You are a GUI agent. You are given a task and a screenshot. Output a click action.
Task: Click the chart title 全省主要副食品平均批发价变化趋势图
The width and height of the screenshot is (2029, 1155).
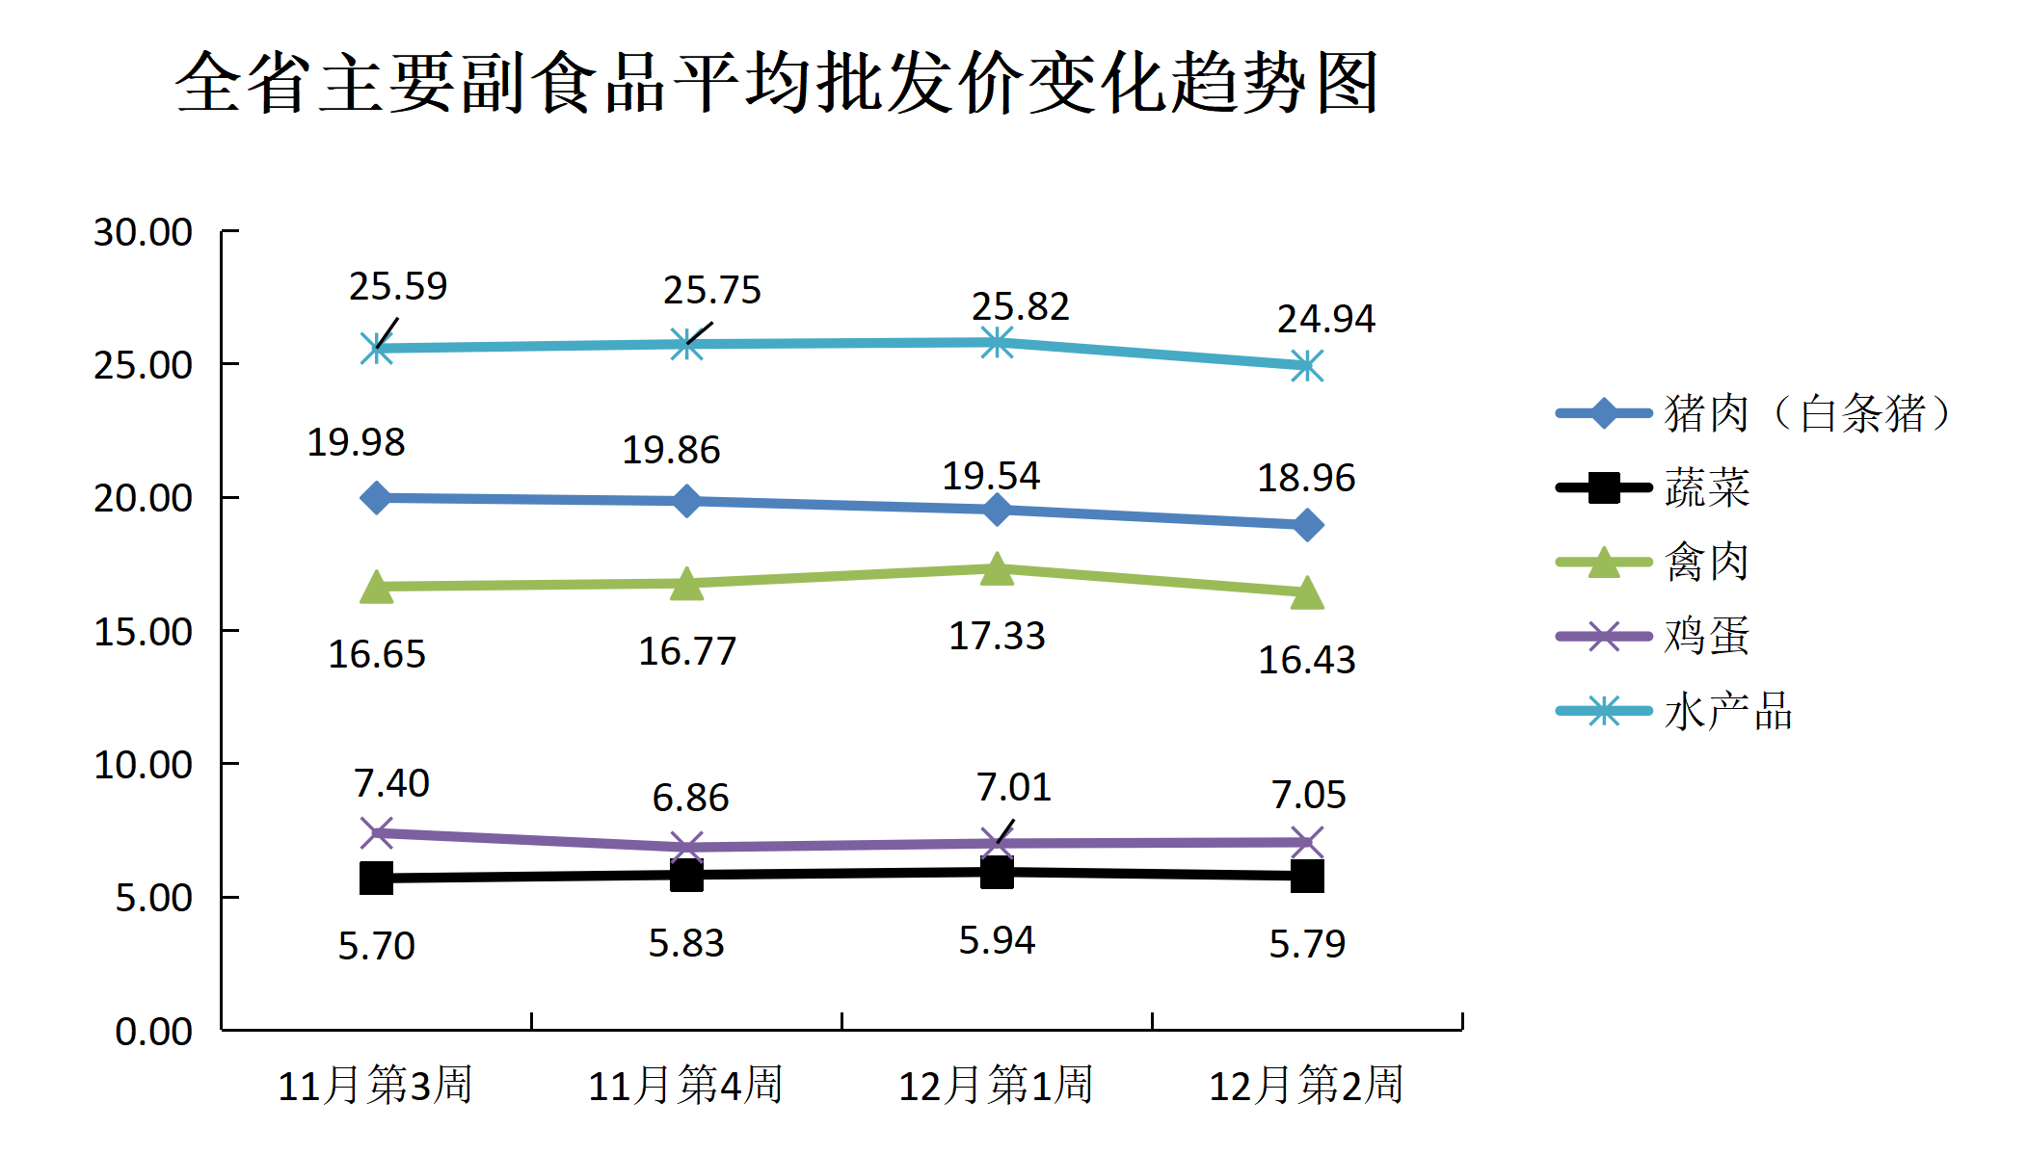776,83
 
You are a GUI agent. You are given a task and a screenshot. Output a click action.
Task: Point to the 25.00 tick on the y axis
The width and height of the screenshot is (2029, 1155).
143,365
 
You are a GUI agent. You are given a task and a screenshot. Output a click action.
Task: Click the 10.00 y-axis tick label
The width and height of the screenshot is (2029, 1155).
143,765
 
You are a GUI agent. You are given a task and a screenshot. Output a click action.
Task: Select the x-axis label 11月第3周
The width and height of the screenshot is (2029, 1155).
375,1085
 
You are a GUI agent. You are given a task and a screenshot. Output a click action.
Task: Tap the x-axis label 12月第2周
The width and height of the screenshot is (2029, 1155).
1306,1085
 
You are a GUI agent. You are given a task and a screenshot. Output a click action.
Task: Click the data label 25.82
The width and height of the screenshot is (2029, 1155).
1020,306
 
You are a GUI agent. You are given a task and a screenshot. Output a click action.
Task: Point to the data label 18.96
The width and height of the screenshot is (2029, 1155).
1306,478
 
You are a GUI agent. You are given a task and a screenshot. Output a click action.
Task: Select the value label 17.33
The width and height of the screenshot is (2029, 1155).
997,636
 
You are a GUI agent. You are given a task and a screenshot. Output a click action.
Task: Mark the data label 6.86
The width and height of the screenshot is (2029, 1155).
690,798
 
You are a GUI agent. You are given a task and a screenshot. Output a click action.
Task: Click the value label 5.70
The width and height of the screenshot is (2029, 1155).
376,946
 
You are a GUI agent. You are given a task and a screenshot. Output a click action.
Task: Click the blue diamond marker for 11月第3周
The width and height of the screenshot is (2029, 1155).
376,498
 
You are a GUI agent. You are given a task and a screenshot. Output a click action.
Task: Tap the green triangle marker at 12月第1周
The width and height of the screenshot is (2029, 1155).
997,569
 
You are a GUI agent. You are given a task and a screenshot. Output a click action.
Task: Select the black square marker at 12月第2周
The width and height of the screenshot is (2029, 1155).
1307,877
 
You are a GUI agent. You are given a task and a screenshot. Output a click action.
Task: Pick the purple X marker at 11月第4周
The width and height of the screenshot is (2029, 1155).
686,848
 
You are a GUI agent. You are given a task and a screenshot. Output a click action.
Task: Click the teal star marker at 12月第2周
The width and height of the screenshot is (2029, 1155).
1307,366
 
